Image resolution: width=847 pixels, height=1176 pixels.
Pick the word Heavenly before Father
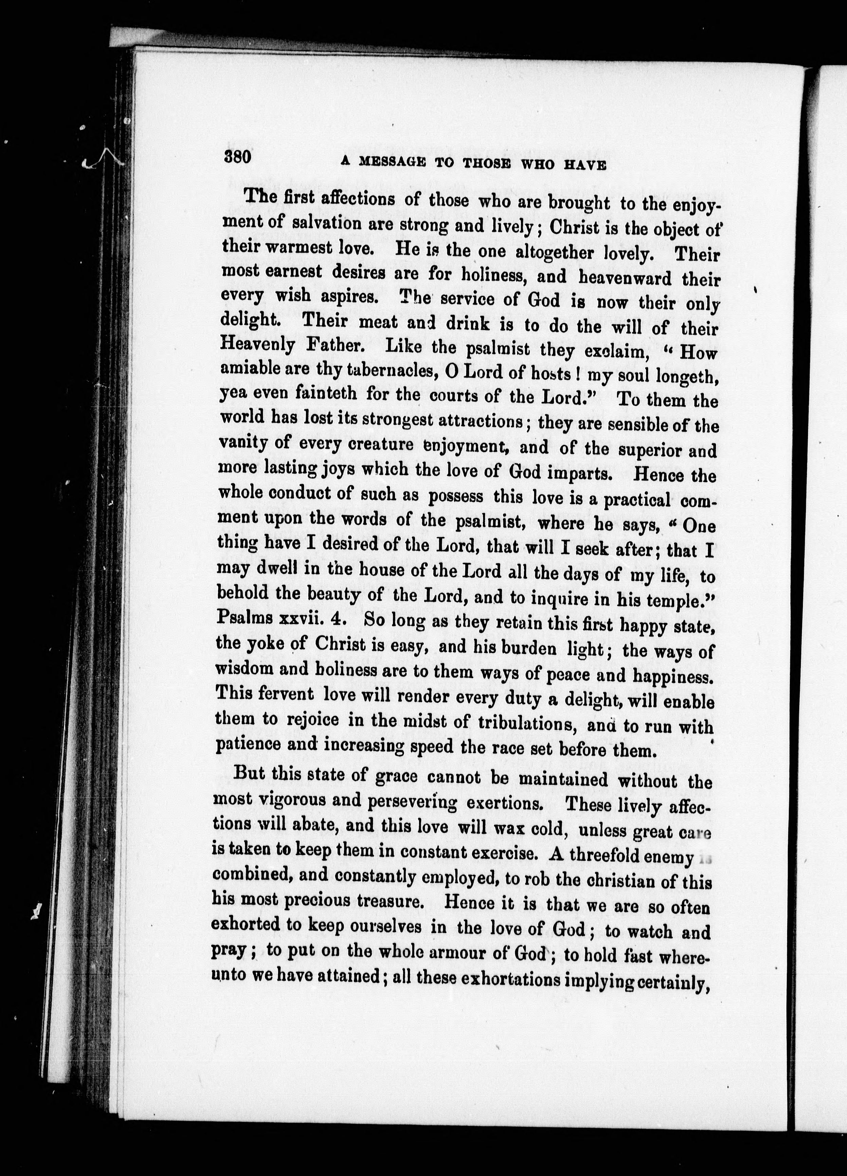click(x=258, y=344)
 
